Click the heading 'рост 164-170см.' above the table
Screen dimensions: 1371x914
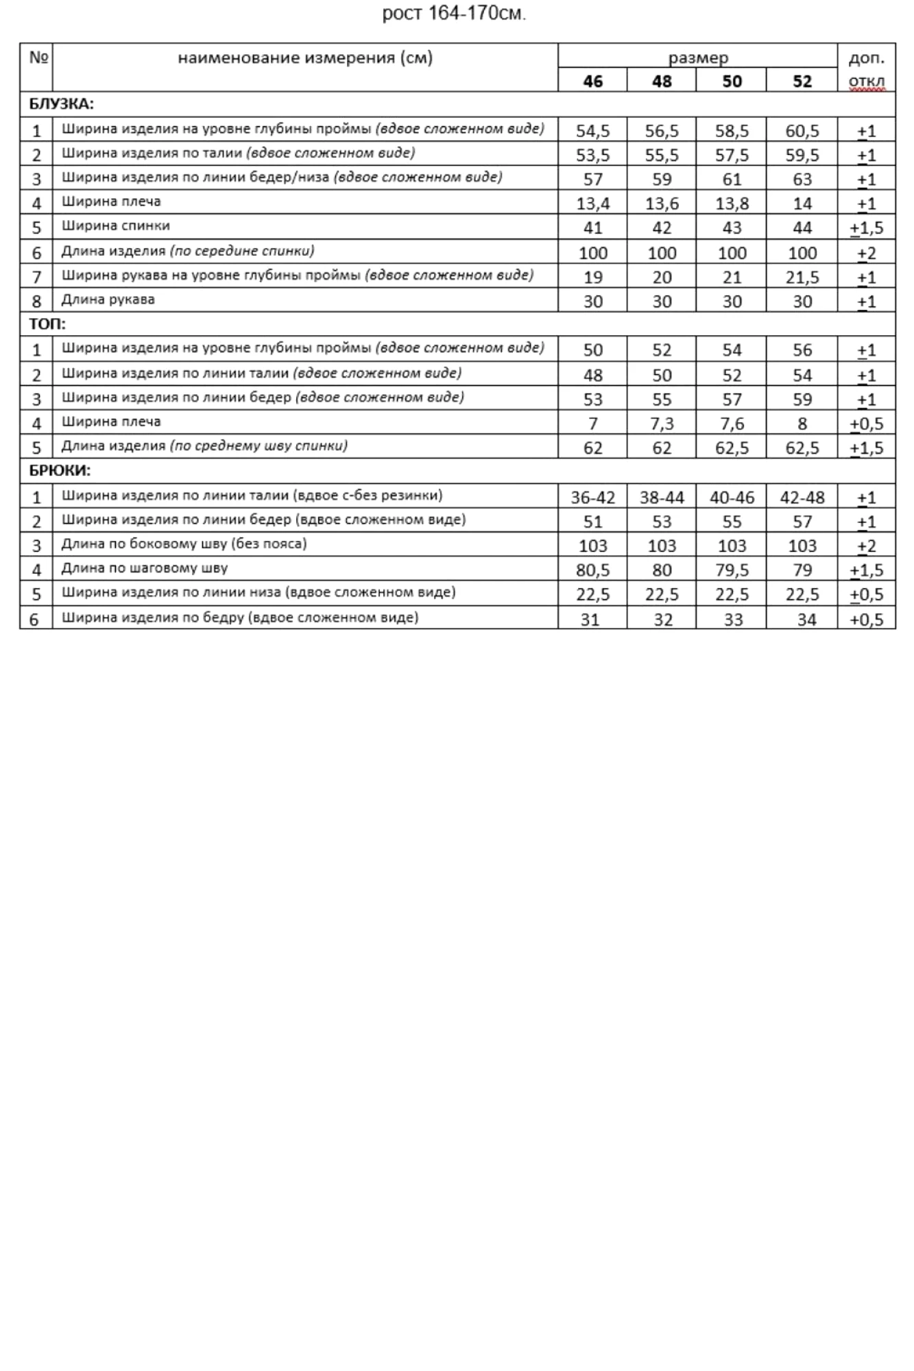point(454,14)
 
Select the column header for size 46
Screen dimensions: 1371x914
point(592,82)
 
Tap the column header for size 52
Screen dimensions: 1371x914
point(802,82)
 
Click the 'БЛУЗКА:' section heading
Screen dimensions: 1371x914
point(61,104)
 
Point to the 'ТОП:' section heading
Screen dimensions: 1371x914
point(47,324)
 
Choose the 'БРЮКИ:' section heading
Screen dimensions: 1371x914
point(60,471)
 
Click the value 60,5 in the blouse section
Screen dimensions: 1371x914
point(802,130)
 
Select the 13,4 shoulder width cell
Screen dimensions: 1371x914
point(592,204)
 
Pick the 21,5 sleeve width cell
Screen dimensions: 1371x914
point(802,278)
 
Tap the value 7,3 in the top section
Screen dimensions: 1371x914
point(662,424)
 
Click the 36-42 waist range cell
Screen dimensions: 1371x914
point(592,498)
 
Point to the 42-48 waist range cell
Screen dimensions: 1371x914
point(802,498)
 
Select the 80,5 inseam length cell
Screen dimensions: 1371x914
point(592,570)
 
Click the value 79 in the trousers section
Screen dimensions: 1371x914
point(802,570)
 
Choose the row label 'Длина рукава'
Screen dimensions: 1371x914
point(108,300)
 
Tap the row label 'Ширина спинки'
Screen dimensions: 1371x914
point(115,226)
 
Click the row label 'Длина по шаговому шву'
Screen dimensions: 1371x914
point(144,568)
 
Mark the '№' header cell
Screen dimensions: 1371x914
point(38,58)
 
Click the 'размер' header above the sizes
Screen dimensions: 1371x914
point(698,58)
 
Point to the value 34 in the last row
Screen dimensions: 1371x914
point(806,620)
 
